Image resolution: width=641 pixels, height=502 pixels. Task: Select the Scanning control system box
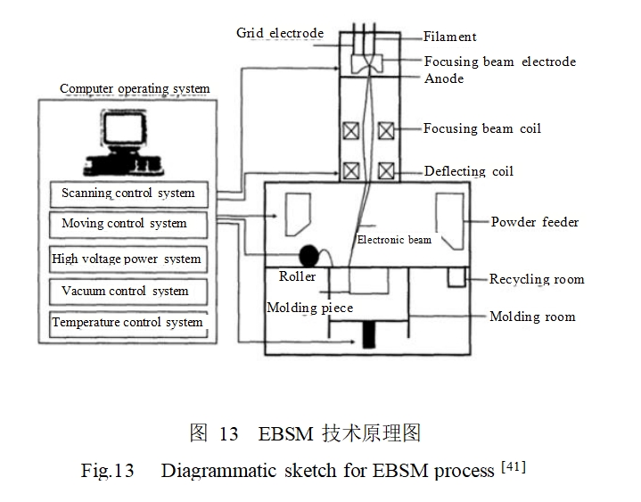coord(127,193)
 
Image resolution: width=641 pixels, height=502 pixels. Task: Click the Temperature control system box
coord(127,322)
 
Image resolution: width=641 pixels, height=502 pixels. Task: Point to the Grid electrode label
coord(279,33)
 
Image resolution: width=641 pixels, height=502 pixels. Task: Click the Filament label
coord(450,37)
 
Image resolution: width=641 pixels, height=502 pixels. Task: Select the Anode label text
coord(444,78)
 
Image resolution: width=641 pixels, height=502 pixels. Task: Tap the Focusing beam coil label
coord(482,128)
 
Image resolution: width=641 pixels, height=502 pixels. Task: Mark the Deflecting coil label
coord(468,171)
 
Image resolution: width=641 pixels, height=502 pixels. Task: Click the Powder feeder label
coord(535,222)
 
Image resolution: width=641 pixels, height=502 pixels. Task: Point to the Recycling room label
coord(537,279)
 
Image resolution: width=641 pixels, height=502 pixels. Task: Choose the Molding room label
coord(532,317)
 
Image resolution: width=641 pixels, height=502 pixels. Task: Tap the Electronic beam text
coord(394,240)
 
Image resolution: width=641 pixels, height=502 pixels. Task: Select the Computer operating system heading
coord(135,89)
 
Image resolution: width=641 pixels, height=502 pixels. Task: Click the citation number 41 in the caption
coord(514,465)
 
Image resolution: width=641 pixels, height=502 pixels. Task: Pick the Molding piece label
coord(310,308)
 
